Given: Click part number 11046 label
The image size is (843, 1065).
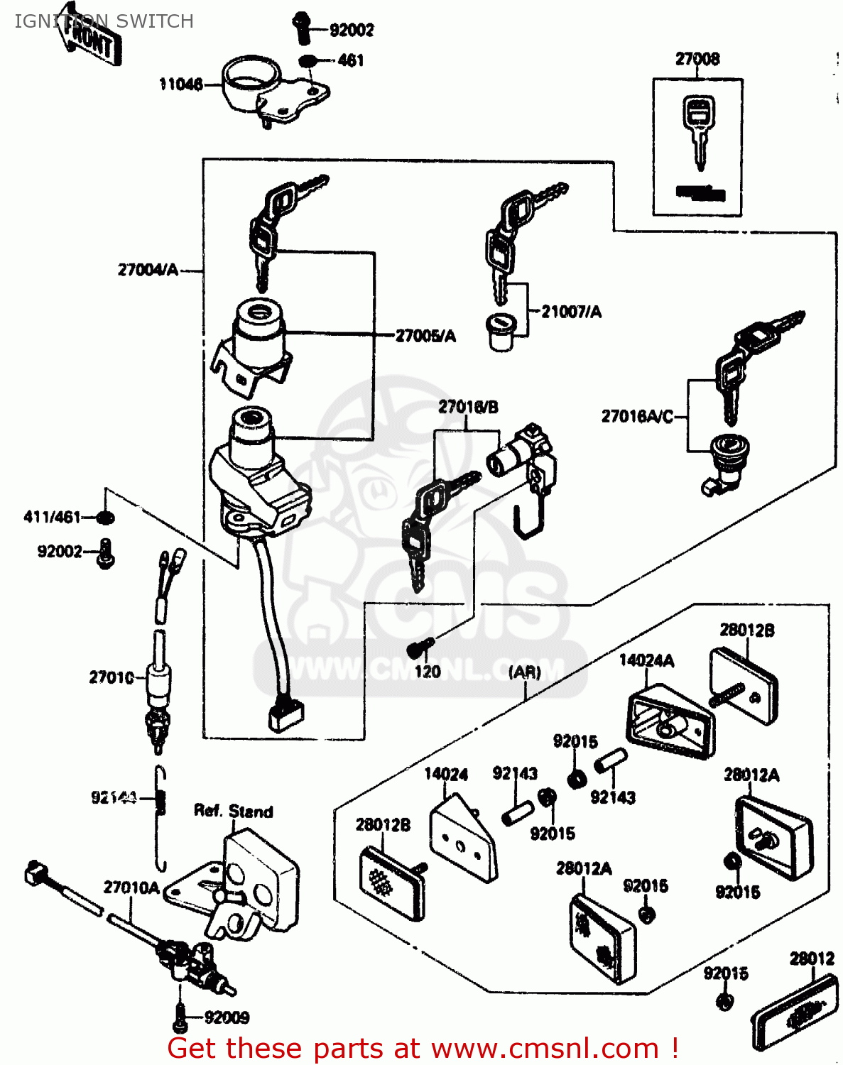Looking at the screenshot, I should tap(181, 84).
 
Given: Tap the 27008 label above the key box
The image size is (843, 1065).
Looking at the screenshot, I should tap(697, 59).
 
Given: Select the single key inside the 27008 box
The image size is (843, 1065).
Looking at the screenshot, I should tap(698, 132).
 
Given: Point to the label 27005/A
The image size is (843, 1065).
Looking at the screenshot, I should tap(425, 336).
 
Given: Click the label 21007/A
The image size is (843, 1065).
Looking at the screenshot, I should tap(571, 312).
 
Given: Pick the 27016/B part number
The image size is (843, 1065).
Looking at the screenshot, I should tap(468, 407).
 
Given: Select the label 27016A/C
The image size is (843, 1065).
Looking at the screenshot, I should tap(637, 416).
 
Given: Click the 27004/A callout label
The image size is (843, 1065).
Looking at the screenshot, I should tap(148, 270).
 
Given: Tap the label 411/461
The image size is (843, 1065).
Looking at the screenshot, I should tap(53, 517).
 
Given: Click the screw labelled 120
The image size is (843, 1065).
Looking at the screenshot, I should tap(420, 647).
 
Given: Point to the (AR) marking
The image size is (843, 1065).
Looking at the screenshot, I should tap(525, 671).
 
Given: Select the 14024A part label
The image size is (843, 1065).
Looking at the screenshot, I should tap(646, 660).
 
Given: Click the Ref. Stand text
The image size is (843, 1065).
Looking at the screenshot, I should tap(233, 811).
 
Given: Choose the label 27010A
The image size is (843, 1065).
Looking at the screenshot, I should tap(131, 887).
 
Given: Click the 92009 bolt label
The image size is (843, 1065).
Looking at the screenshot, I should tap(227, 1017).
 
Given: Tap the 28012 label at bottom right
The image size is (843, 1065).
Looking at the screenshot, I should tap(812, 958).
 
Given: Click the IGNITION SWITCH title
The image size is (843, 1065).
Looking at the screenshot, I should tap(104, 21).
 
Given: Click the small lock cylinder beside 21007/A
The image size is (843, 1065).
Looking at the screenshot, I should tap(502, 331).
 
